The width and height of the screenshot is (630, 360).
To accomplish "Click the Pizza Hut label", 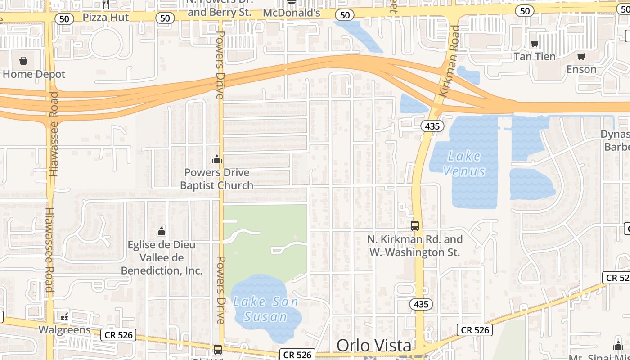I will [x=106, y=17].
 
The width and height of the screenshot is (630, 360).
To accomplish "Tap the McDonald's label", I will [x=291, y=13].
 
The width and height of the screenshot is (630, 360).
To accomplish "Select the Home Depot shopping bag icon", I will [x=23, y=60].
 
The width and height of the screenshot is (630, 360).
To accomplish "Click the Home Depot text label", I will [x=34, y=74].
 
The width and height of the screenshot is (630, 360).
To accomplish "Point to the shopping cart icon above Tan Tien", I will [x=535, y=44].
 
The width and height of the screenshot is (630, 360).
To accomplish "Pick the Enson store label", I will [x=581, y=69].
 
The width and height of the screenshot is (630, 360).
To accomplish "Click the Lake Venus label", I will [x=464, y=164].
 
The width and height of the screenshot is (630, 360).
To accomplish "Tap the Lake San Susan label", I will [x=265, y=309].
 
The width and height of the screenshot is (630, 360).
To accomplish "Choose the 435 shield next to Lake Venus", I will [x=432, y=126].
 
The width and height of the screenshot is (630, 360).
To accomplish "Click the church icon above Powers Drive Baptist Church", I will [x=217, y=159].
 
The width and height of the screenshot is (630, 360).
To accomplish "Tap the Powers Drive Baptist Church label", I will [x=217, y=179].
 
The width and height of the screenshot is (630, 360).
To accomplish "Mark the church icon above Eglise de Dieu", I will [x=162, y=231].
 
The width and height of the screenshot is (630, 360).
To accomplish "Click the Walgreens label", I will [x=64, y=330].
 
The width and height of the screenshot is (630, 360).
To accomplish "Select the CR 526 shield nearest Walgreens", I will [x=118, y=335].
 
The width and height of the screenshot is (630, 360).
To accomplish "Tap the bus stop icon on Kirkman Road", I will [x=415, y=226].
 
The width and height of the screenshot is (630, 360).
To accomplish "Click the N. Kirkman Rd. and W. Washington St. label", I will [x=415, y=246].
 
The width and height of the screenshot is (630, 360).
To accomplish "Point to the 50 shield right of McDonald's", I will [x=345, y=15].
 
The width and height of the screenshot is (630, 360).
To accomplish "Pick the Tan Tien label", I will [x=535, y=56].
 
